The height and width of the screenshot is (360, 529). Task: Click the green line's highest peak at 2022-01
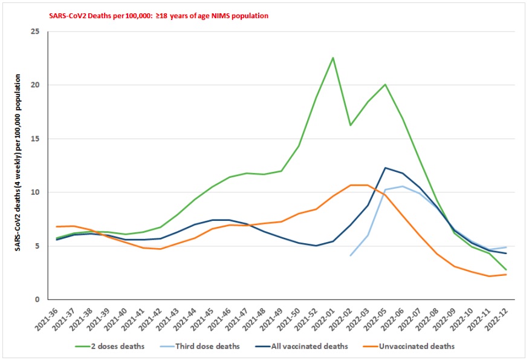tap(333, 57)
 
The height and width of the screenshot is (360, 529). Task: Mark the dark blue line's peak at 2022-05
tap(385, 168)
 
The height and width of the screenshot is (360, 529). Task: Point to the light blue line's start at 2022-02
tap(350, 255)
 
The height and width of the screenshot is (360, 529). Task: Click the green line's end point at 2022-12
tap(506, 270)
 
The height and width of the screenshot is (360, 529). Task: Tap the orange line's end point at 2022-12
tap(506, 275)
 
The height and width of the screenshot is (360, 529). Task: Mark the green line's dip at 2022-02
tap(350, 125)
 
